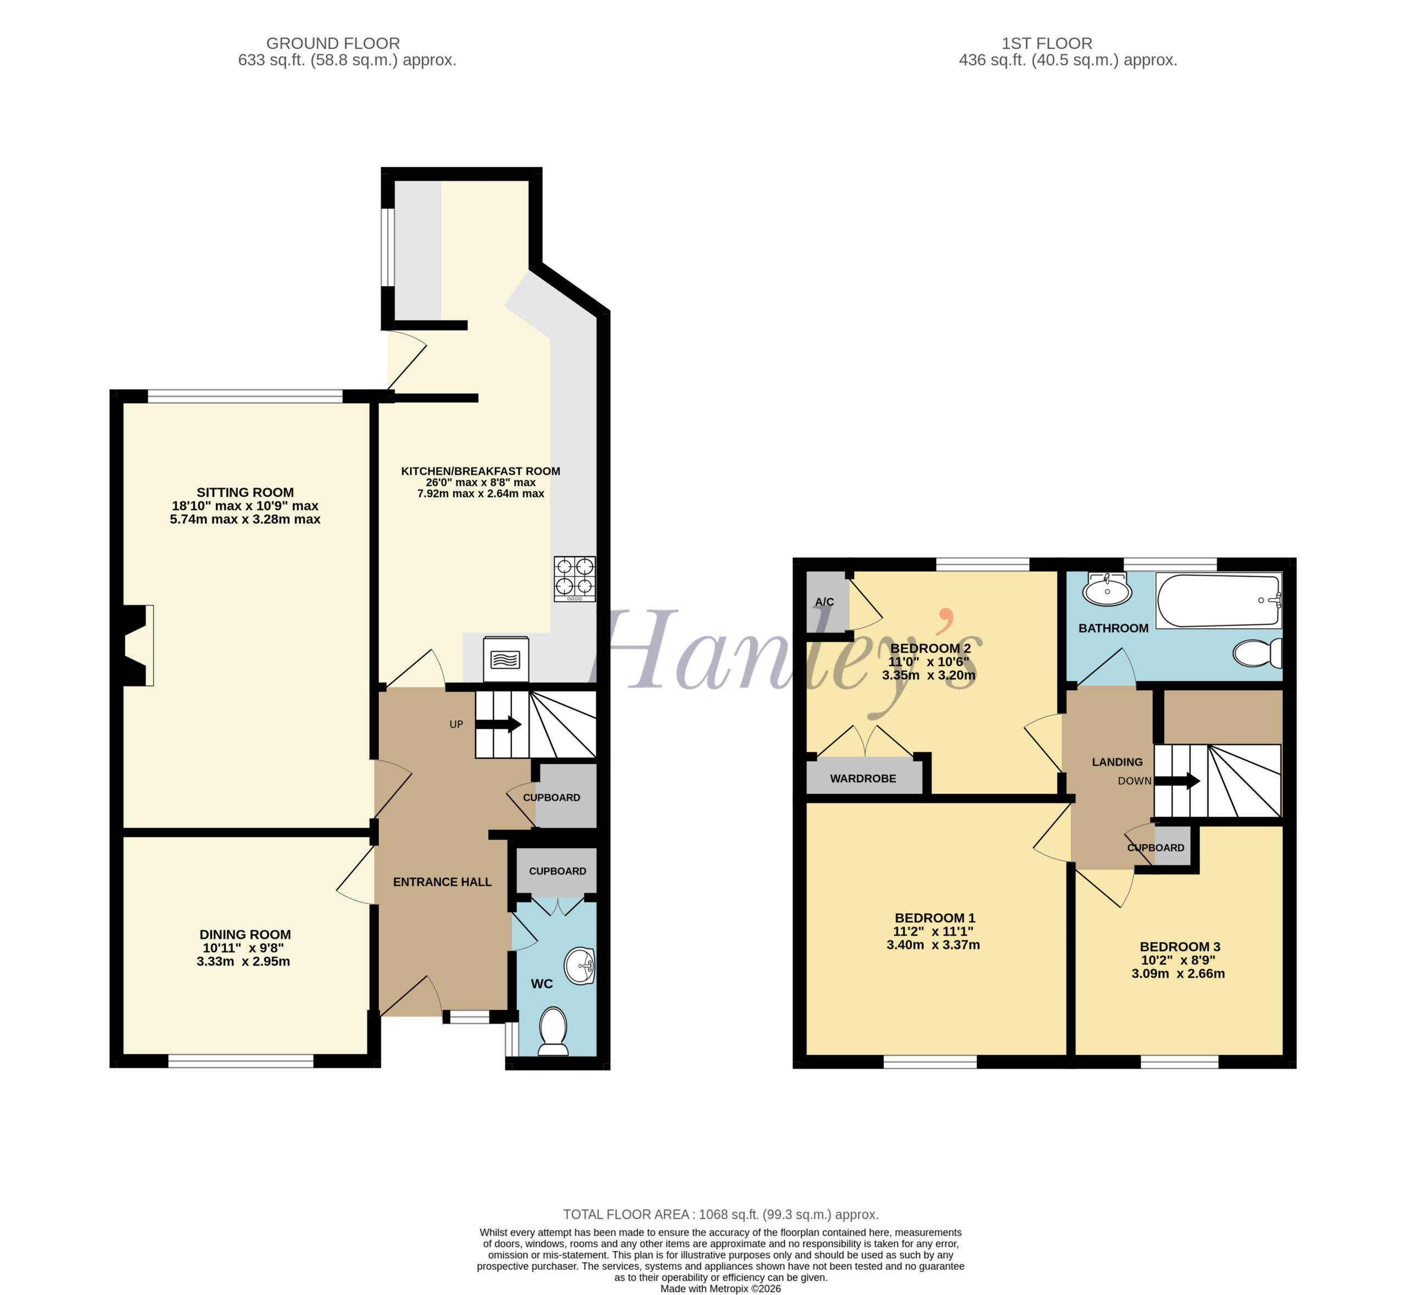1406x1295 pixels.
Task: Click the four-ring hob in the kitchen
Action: [x=574, y=579]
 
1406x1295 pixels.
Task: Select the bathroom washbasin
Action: [x=1107, y=589]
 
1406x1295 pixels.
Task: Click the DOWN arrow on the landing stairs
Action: [x=1178, y=780]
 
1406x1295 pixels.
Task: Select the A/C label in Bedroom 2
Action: [x=824, y=602]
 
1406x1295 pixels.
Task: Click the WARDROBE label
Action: [x=863, y=779]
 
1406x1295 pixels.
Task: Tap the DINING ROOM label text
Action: [x=246, y=934]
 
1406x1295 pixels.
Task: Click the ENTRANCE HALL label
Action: [x=442, y=882]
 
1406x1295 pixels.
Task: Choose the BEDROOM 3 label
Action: [x=1180, y=947]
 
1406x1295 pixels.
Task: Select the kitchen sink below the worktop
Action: [x=505, y=658]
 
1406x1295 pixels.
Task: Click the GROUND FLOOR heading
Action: [x=333, y=43]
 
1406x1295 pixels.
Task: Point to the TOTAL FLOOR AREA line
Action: [x=721, y=1214]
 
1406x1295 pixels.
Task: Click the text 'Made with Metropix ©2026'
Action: [x=721, y=1288]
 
